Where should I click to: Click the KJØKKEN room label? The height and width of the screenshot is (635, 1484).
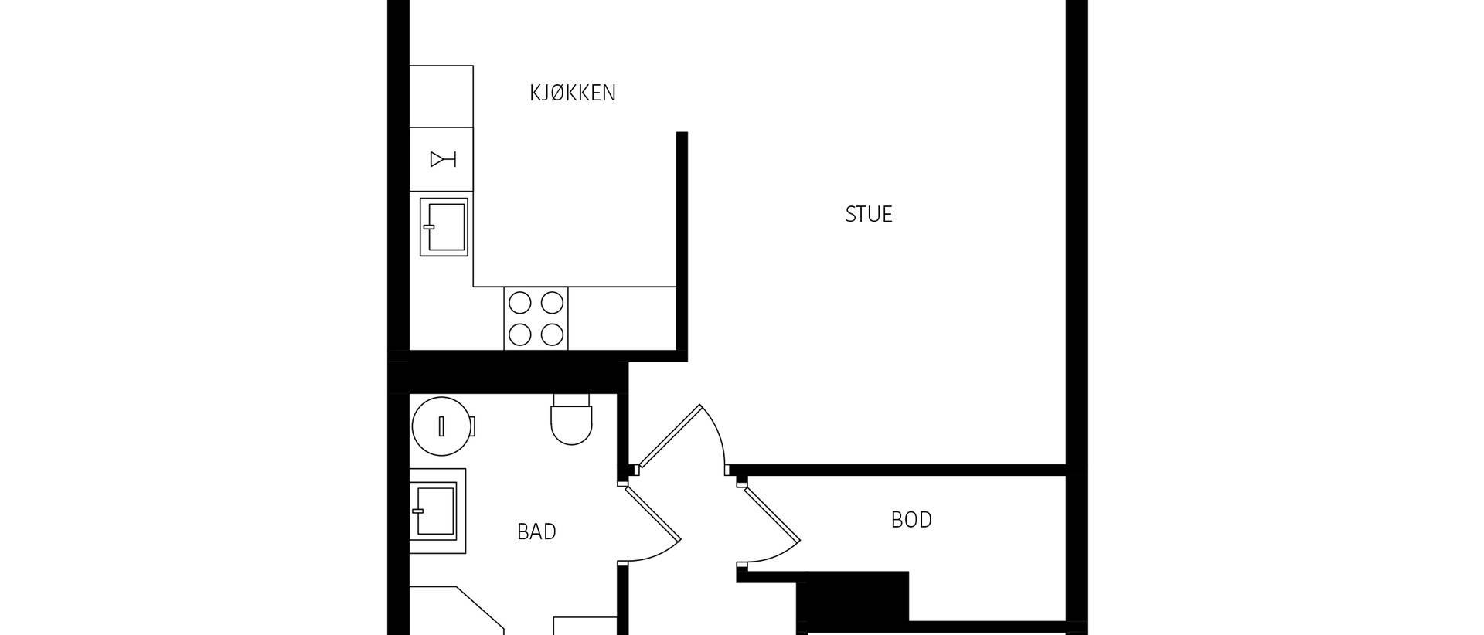[x=573, y=93]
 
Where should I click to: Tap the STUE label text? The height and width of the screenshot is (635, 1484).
[x=869, y=214]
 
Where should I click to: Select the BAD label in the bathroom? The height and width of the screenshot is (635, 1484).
[x=536, y=531]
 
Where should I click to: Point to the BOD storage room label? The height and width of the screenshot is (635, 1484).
[x=911, y=520]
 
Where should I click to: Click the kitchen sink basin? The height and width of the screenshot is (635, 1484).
[x=444, y=227]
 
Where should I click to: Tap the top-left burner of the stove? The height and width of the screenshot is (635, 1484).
[x=520, y=302]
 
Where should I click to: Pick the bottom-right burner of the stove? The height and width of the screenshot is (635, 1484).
[x=552, y=334]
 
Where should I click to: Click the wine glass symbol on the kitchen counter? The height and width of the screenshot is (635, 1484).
[x=443, y=159]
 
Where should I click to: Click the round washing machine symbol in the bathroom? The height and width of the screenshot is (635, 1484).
[x=442, y=426]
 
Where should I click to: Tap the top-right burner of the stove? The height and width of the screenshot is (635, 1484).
[x=552, y=302]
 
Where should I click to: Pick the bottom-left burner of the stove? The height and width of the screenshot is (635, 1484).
[x=520, y=334]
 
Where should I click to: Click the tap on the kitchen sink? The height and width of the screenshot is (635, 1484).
[x=430, y=227]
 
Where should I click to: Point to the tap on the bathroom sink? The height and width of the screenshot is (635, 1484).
[x=419, y=511]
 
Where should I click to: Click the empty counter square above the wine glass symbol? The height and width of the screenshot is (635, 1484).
[x=441, y=97]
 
